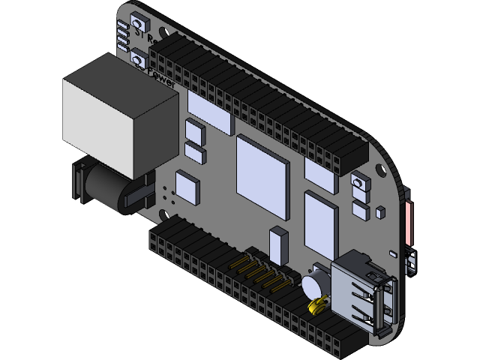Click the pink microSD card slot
tap(409, 221)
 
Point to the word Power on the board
tap(162, 78)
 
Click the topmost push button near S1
tap(139, 25)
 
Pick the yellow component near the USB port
tap(317, 304)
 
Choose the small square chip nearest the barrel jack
tap(188, 187)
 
